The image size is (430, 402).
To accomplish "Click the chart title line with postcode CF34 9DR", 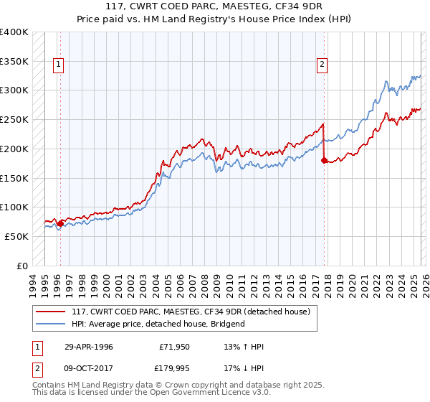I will click(x=214, y=8).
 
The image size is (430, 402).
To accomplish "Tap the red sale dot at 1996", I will click(x=60, y=223).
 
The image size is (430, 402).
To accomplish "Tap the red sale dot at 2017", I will click(x=325, y=160).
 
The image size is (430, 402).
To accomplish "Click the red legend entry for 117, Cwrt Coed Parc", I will click(x=191, y=312).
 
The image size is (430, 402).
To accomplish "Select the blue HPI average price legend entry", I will click(x=158, y=324).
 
